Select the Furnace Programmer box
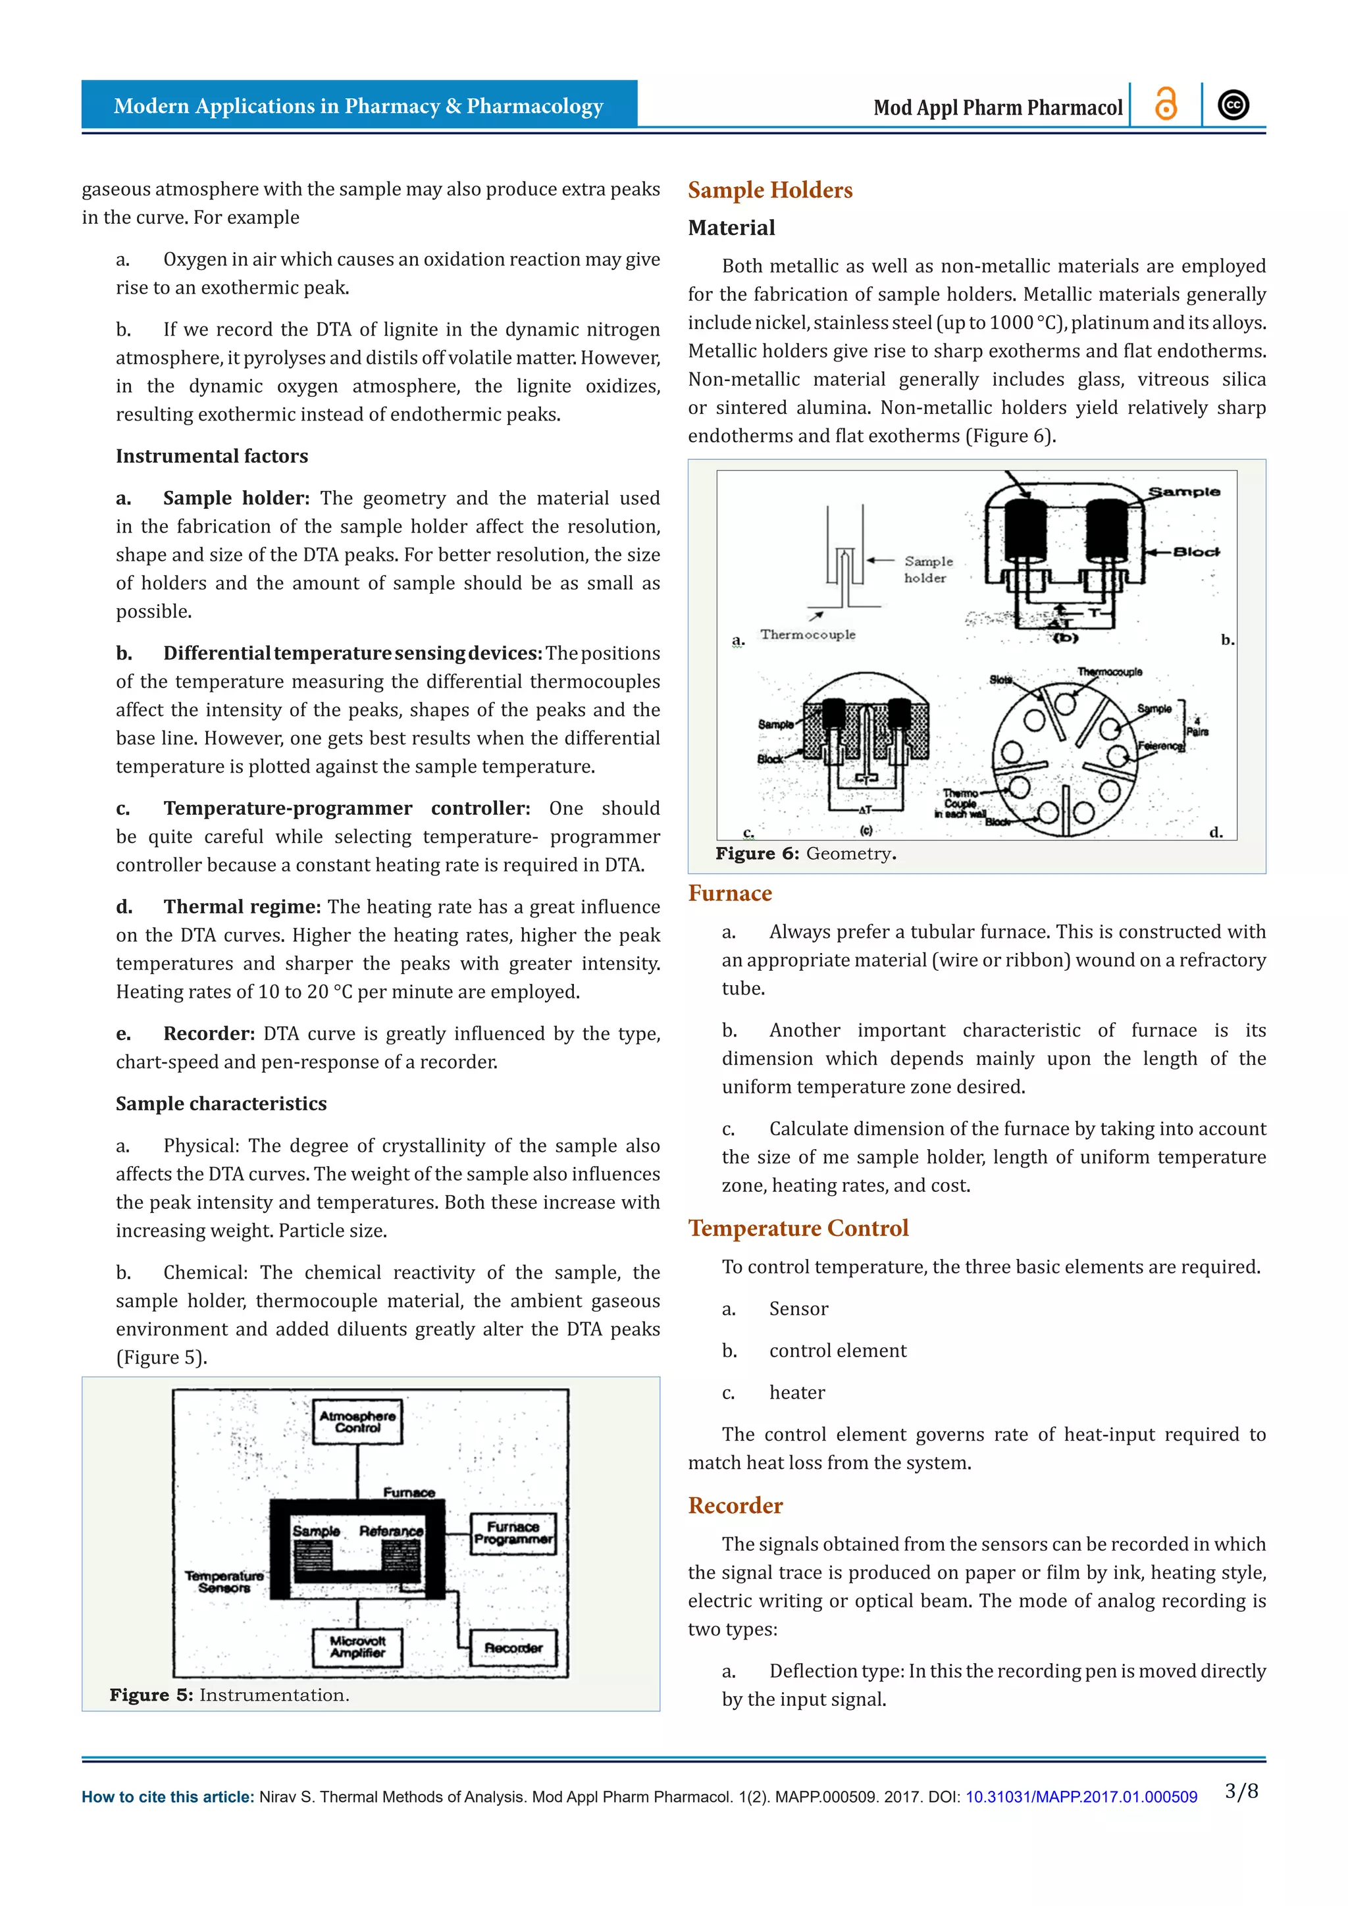point(513,1532)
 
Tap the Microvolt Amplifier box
point(358,1647)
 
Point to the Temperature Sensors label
point(224,1582)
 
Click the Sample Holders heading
point(769,190)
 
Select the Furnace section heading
point(729,893)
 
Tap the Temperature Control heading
point(798,1227)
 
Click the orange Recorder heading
point(735,1505)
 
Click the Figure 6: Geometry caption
point(805,854)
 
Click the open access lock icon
point(1166,105)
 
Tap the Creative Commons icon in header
point(1233,105)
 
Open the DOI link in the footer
point(1081,1797)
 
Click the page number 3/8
point(1241,1791)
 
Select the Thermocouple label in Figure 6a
point(807,634)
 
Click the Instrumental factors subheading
point(212,455)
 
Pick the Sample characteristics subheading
point(220,1103)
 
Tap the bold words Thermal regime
point(242,906)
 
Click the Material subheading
point(731,228)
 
